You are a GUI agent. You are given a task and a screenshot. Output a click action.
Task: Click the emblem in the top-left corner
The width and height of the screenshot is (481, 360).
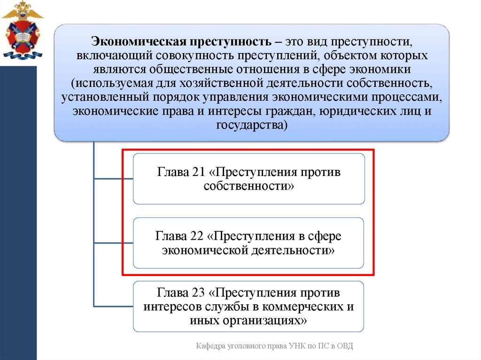point(22,31)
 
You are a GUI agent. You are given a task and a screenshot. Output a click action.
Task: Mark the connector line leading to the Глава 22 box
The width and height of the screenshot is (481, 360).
point(113,243)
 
